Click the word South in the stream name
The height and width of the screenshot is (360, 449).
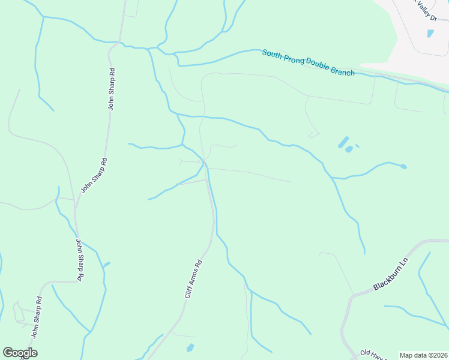[x=273, y=55]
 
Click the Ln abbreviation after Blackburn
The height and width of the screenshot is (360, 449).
[x=404, y=264]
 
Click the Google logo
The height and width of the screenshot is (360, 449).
[x=20, y=353]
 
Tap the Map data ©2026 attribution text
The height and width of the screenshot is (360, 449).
[x=423, y=355]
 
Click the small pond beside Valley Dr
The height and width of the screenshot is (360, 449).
[x=430, y=33]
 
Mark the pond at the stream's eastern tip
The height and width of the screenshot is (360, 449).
[x=403, y=166]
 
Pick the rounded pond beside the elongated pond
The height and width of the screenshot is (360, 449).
[x=349, y=148]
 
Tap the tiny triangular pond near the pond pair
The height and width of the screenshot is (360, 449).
[x=357, y=145]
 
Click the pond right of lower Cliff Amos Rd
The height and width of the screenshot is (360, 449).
[x=190, y=347]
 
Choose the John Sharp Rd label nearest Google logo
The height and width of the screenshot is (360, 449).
[x=36, y=318]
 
